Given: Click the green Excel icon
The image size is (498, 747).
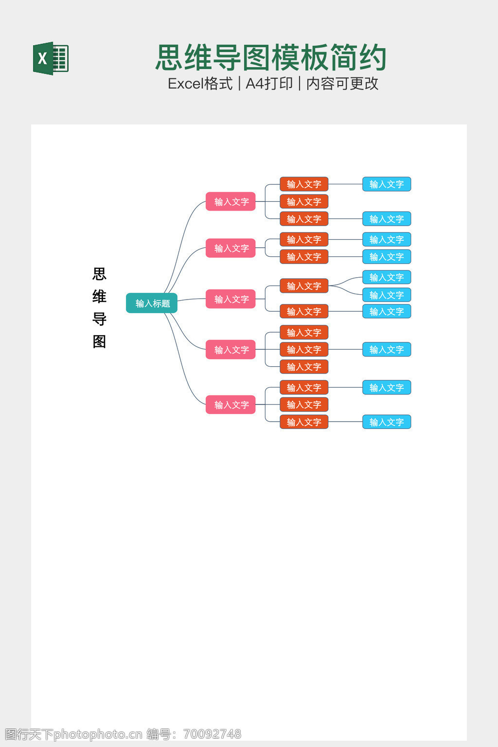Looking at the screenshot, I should [x=51, y=58].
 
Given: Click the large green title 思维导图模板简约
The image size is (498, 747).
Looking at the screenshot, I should [x=271, y=58].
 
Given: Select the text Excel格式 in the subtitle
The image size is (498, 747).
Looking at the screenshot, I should [x=200, y=84].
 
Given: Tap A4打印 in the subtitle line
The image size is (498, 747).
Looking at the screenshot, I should [x=269, y=84].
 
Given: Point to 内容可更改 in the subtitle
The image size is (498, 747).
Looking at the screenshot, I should [x=342, y=84].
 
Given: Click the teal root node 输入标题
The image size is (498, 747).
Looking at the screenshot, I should [x=152, y=303].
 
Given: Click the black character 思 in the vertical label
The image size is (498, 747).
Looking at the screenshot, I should [x=99, y=274].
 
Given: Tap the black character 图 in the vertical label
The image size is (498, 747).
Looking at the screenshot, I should [x=99, y=342].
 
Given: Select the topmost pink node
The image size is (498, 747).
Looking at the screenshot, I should [x=231, y=201].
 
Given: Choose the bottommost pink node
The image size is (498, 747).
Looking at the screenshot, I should [x=231, y=405].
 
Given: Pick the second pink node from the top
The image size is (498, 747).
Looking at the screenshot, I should [x=231, y=248].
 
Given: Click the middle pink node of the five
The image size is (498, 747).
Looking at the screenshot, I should [x=231, y=299].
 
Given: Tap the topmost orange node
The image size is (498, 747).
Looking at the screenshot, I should [x=304, y=184].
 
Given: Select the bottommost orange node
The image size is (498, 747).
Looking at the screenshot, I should [x=304, y=422].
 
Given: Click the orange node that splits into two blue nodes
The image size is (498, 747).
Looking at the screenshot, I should [x=304, y=286].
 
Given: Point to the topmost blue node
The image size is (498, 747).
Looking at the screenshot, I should [x=387, y=184].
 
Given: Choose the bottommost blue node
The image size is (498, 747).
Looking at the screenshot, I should [x=387, y=422].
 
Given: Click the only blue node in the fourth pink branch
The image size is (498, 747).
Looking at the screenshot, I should [x=387, y=350].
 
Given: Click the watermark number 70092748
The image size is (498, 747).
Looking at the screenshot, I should [x=212, y=734].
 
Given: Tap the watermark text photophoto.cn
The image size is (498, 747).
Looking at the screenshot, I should [x=98, y=734].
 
